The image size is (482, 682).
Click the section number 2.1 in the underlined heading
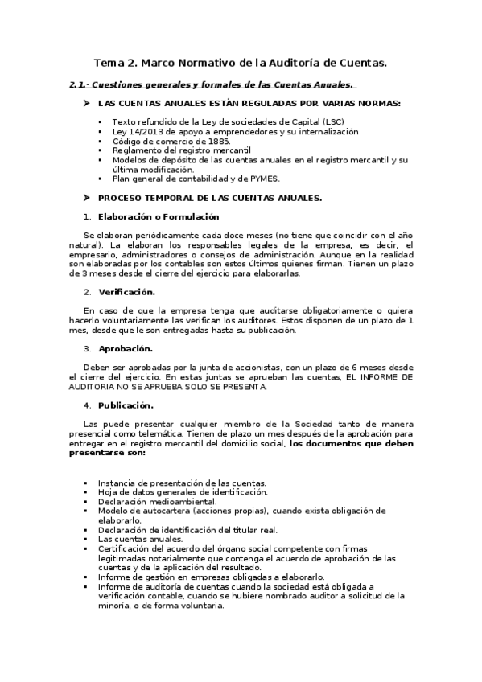click(77, 84)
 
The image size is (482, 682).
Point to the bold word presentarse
click(103, 453)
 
